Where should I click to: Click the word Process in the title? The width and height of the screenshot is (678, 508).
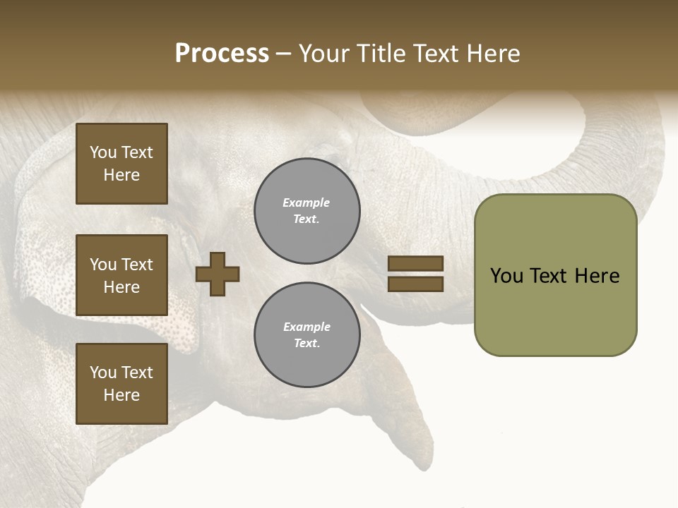coord(222,54)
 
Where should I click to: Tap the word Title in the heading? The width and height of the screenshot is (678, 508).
coord(382,54)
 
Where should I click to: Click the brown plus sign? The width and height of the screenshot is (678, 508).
coord(218,274)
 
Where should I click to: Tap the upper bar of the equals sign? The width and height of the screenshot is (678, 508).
coord(415,264)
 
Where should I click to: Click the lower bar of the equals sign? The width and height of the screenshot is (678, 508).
coord(415,284)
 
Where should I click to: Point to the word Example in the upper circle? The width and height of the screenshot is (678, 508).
coord(306,202)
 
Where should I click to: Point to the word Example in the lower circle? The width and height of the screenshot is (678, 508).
coord(307,327)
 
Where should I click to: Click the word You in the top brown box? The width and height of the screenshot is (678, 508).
coord(103,152)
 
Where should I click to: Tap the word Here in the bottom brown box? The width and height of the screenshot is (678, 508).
coord(121,395)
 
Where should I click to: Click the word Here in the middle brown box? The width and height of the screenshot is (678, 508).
coord(121,287)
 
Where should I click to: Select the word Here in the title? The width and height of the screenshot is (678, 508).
coord(494,54)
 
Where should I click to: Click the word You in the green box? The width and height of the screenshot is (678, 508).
coord(506,276)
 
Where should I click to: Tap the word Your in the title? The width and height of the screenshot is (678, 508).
coord(326,54)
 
